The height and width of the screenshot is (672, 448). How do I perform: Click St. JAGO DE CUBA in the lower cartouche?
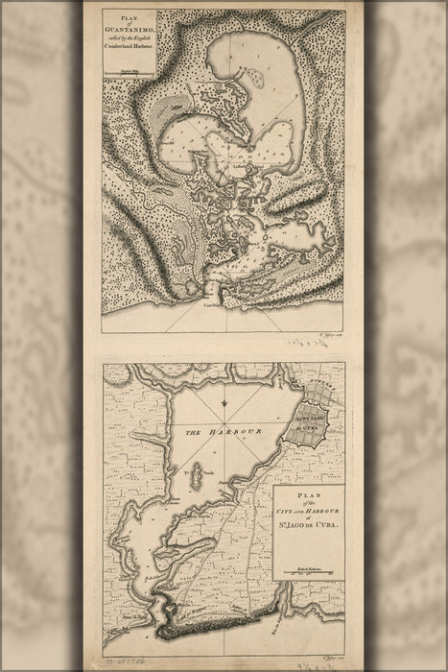coord(306,531)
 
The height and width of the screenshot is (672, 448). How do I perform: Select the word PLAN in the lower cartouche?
coord(306,498)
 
